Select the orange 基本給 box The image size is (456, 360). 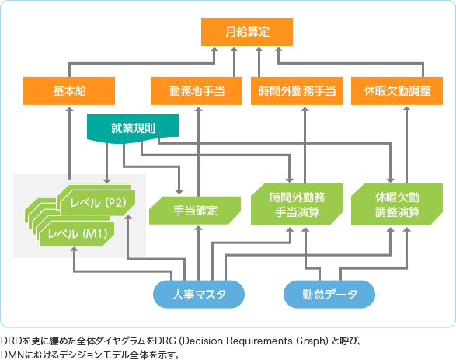pyautogui.click(x=69, y=90)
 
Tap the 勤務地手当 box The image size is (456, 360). pyautogui.click(x=197, y=90)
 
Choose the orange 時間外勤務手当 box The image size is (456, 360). pyautogui.click(x=298, y=90)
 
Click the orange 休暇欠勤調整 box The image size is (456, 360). pyautogui.click(x=397, y=90)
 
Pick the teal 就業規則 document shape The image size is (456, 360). pyautogui.click(x=133, y=128)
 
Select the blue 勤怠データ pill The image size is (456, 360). pyautogui.click(x=327, y=294)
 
